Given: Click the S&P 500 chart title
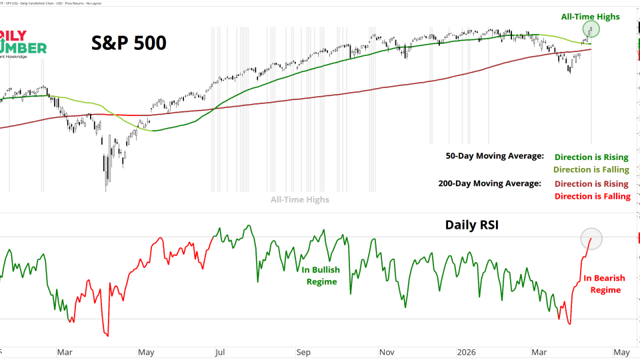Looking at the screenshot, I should [x=129, y=43].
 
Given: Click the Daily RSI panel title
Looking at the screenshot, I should [x=473, y=225].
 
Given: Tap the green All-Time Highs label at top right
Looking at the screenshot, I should [x=591, y=17].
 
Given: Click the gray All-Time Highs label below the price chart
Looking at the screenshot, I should [x=299, y=199].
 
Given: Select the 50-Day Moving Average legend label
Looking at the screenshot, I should [x=495, y=156].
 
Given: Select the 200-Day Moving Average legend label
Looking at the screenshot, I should [x=489, y=183].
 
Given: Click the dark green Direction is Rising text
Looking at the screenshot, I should [x=591, y=157].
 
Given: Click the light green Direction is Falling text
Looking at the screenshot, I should [x=591, y=170].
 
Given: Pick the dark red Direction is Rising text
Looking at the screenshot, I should [x=591, y=183].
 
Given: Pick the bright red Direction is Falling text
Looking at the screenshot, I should [x=591, y=196].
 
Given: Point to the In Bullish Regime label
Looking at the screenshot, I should [x=321, y=275].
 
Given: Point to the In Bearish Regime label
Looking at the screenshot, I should [x=602, y=284].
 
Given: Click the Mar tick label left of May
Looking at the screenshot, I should [x=65, y=352].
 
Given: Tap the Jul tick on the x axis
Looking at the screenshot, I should [x=220, y=352].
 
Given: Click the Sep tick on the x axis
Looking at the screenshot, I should [x=303, y=352].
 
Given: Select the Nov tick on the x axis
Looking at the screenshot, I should [x=386, y=352].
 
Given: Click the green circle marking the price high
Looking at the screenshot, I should [x=591, y=29].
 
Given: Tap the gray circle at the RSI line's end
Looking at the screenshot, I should [x=591, y=238].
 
